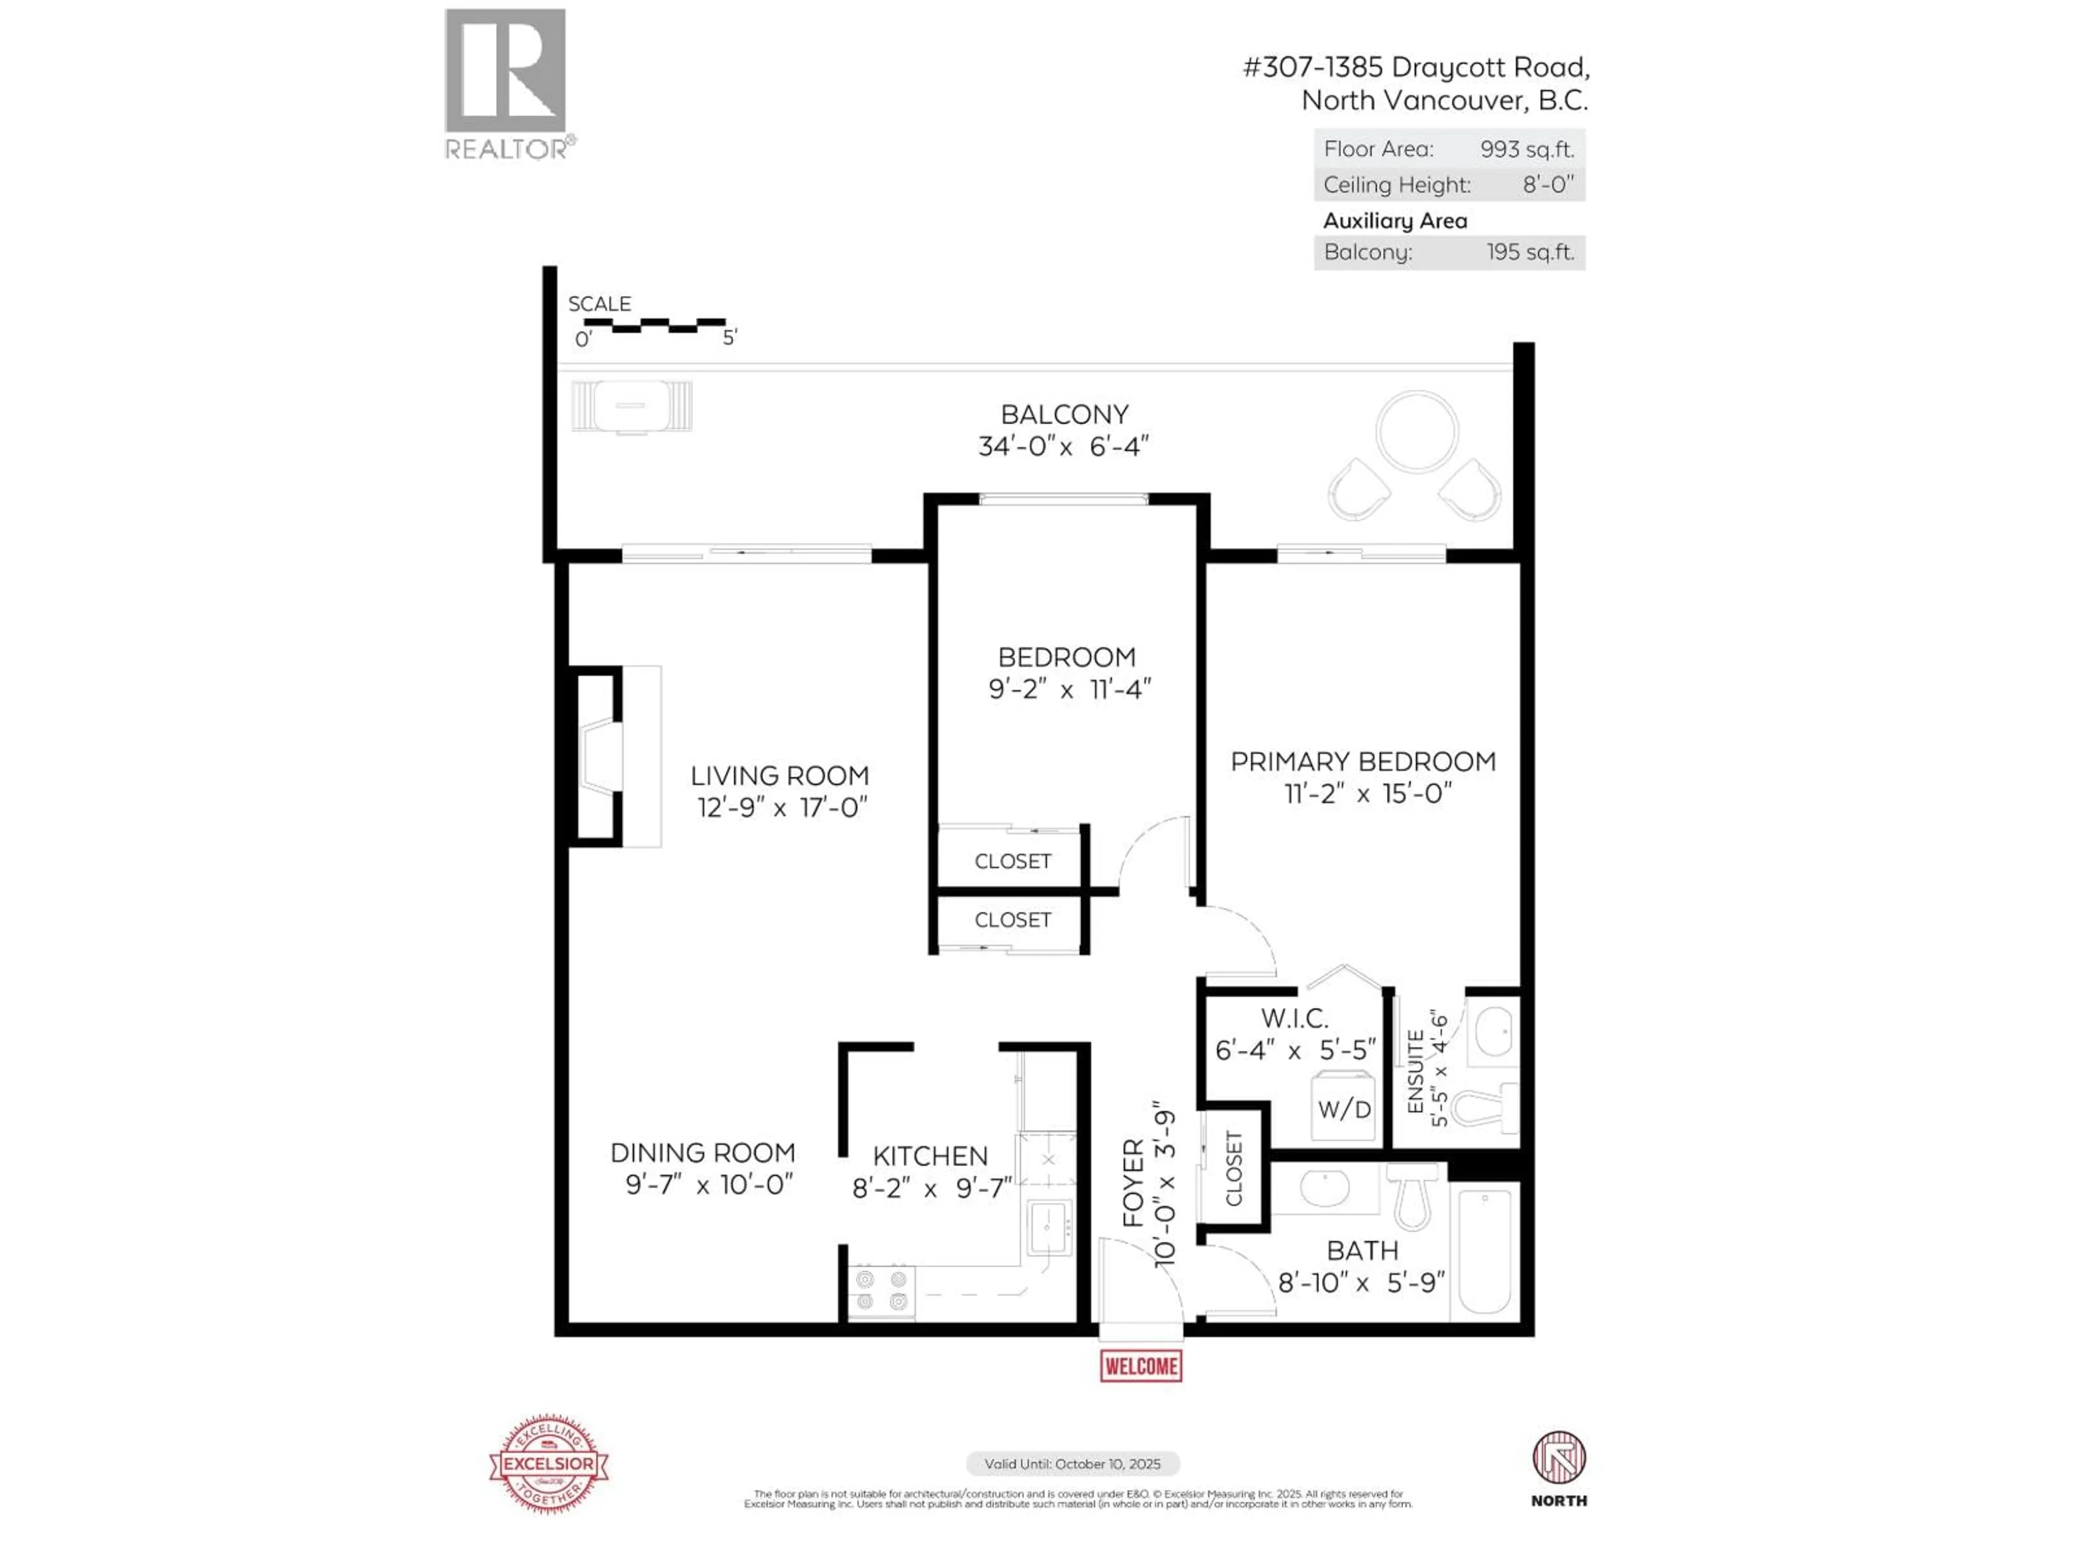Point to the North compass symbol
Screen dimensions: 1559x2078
pos(1558,1458)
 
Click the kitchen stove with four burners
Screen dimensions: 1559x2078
pos(881,1291)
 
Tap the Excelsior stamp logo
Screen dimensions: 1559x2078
pos(549,1463)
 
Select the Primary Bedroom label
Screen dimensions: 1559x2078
pos(1362,761)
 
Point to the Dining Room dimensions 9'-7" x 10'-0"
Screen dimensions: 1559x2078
pos(709,1184)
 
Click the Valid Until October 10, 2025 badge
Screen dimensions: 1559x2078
pos(1072,1463)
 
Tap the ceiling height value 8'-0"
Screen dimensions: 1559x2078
pos(1547,184)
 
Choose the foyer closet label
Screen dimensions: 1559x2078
pos(1233,1168)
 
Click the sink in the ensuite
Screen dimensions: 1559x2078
pos(1492,1032)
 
